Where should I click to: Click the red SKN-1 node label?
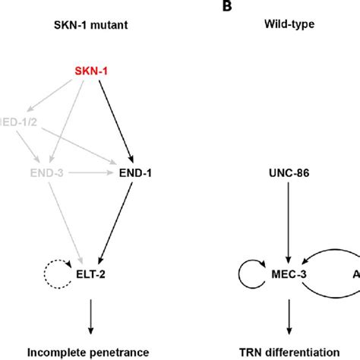[90, 71]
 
